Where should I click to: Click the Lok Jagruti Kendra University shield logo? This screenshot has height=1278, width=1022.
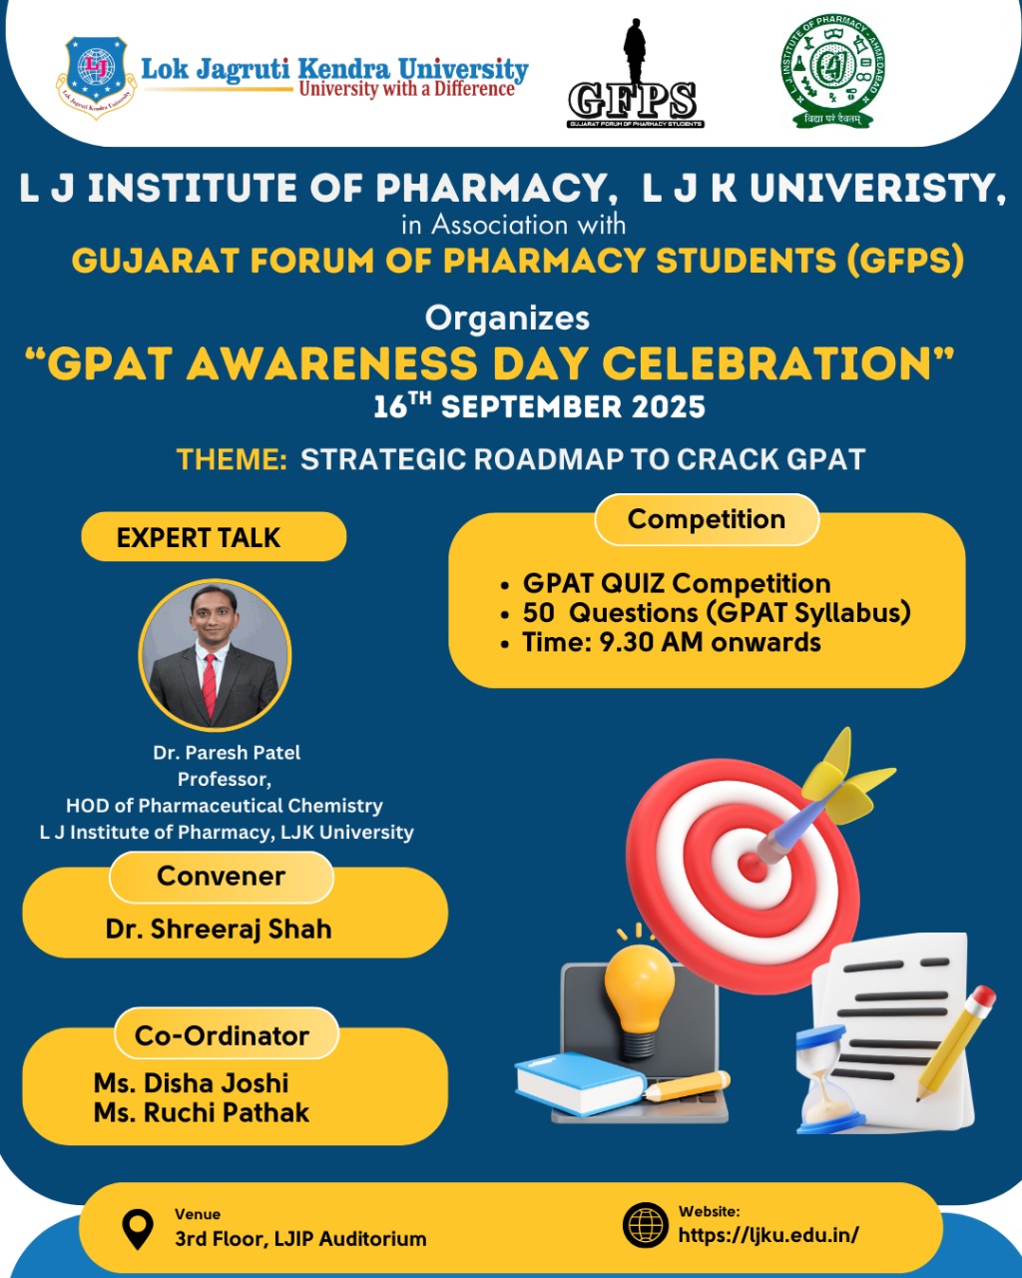point(96,77)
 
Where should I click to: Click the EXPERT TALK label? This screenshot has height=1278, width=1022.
point(199,538)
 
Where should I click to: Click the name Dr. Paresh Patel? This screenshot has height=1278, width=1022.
point(227,753)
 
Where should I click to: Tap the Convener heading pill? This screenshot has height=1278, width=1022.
point(221,877)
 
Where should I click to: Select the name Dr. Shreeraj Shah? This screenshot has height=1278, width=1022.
point(219,930)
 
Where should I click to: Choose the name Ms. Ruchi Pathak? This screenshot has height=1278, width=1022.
point(202,1113)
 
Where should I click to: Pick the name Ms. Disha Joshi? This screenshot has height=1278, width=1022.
point(192,1083)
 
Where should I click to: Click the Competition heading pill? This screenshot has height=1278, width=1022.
point(707,520)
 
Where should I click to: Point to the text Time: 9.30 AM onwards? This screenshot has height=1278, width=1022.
point(672,643)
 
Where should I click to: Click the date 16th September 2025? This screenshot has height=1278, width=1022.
point(539,407)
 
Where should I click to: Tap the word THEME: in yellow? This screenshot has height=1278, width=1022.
point(232,459)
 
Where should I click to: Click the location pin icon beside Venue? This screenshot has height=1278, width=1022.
point(137,1229)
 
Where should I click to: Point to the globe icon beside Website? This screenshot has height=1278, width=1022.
point(645,1225)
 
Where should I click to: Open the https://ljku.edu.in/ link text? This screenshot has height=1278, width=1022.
point(768,1235)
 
